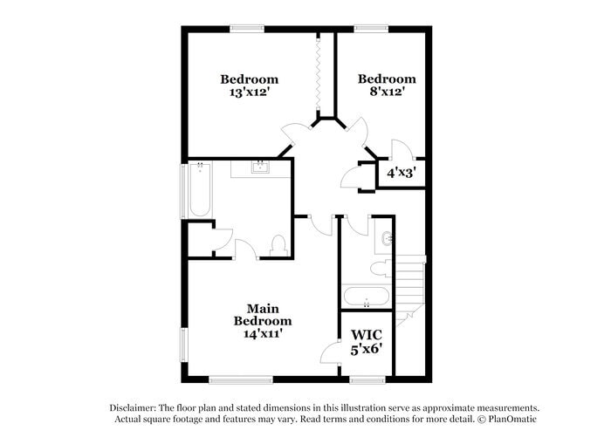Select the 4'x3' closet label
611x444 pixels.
[x=400, y=173]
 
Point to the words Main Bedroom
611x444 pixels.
[x=262, y=315]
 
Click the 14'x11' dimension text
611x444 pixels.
[x=262, y=332]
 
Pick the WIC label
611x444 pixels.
[x=366, y=335]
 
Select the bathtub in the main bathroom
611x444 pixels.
[x=199, y=190]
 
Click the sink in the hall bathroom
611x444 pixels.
[x=388, y=236]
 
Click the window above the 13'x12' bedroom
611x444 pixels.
[x=247, y=29]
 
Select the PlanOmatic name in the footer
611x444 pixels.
[x=514, y=420]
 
